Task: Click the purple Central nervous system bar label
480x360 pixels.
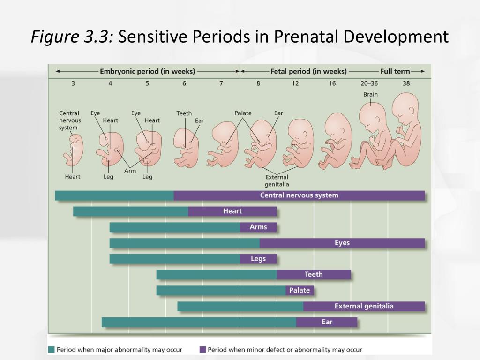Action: pos(299,195)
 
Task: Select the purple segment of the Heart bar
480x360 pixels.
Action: pos(232,211)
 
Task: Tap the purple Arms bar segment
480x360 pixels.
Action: pos(258,227)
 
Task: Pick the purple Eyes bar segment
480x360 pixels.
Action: pos(342,243)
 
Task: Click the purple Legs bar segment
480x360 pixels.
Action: pos(258,259)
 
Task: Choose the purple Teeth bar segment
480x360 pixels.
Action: pos(314,275)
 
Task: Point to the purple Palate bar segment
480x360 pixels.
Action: pos(300,291)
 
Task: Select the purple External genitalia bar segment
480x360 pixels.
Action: pos(364,307)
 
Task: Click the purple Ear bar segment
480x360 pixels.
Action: pos(327,322)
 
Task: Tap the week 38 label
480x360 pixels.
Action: pos(406,83)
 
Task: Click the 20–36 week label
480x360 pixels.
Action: pos(369,83)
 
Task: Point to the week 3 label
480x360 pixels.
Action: pos(73,83)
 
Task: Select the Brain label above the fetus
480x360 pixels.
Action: pos(370,94)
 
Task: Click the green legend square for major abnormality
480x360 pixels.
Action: pos(52,349)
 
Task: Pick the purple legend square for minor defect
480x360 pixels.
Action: pos(203,349)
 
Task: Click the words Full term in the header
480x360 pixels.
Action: pos(395,72)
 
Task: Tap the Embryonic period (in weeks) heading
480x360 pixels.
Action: pos(148,72)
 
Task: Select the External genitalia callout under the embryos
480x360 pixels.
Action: pos(277,180)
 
